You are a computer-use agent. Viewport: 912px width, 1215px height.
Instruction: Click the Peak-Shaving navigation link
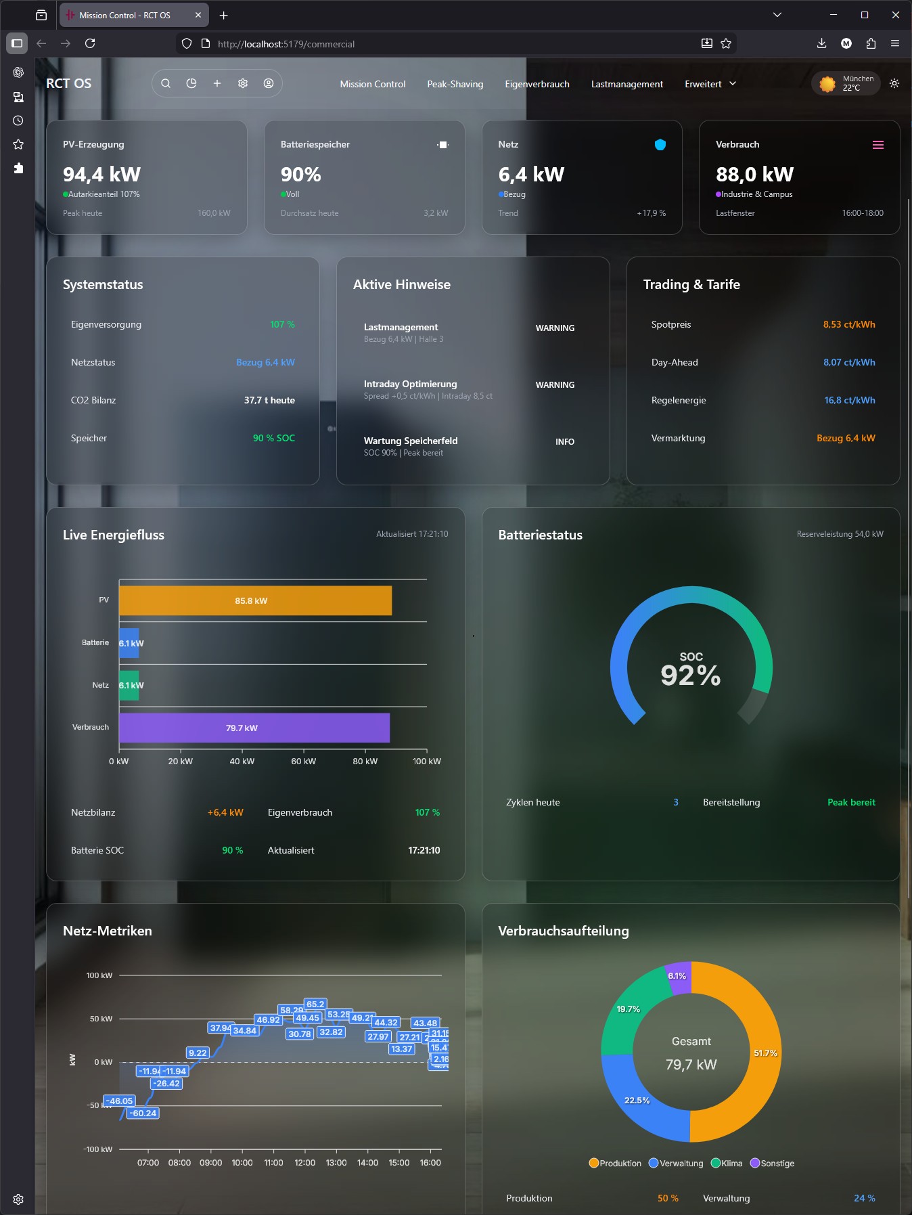[455, 84]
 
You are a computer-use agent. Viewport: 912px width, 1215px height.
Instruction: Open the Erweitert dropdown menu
[710, 84]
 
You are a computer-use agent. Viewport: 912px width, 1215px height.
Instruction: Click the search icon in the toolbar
[166, 83]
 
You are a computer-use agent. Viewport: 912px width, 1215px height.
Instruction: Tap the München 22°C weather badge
[846, 83]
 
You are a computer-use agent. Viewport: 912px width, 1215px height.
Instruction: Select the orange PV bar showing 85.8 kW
[255, 601]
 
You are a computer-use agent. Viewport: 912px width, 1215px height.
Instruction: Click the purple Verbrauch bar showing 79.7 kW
[254, 728]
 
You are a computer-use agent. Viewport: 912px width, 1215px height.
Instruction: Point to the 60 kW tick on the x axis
[304, 761]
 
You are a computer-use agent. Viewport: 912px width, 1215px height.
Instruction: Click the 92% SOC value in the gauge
[691, 675]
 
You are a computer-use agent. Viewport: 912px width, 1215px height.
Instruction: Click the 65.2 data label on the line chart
[315, 1004]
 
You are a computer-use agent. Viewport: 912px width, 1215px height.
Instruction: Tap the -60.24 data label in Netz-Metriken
[143, 1113]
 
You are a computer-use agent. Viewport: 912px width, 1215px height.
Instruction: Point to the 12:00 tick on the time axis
[305, 1162]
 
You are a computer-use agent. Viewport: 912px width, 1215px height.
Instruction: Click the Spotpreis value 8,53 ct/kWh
[848, 324]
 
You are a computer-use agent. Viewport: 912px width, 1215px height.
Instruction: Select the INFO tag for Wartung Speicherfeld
[564, 441]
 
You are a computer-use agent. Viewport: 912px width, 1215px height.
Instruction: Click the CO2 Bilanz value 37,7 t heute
[269, 400]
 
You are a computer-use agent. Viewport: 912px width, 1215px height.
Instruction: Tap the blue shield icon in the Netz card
[660, 144]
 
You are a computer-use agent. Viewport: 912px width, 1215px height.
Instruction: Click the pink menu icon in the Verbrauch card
[877, 145]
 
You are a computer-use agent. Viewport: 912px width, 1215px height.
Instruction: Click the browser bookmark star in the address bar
[726, 43]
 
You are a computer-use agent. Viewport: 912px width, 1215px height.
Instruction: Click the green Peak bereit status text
[850, 802]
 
